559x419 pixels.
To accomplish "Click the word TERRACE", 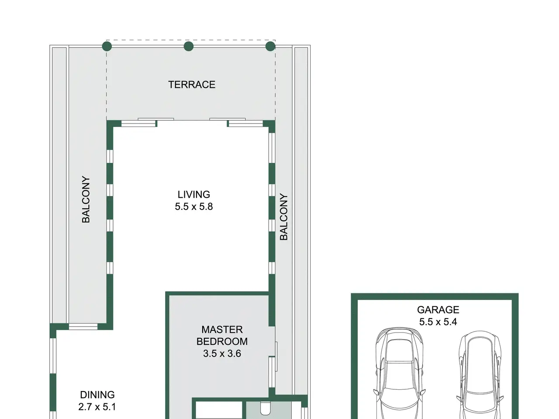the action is [192, 85].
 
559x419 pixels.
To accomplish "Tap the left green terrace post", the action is [107, 46].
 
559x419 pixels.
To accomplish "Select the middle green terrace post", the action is [189, 46].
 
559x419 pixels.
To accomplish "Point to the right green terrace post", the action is [270, 46].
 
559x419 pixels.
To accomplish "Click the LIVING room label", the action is [194, 195].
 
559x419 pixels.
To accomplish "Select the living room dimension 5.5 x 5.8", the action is [194, 206].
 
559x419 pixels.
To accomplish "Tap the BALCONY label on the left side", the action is [86, 199].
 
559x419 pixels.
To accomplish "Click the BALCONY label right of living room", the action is [284, 217].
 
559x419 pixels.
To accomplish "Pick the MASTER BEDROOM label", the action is [222, 335].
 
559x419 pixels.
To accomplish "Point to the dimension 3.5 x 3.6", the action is [222, 354].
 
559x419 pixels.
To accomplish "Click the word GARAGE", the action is [438, 310].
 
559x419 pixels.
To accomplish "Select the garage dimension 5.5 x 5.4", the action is [438, 322].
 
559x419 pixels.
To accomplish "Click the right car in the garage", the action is [480, 375].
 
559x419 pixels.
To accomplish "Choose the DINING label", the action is [97, 395].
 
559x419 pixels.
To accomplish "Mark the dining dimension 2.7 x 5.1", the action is [97, 407].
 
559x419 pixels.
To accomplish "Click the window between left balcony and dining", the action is [83, 326].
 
